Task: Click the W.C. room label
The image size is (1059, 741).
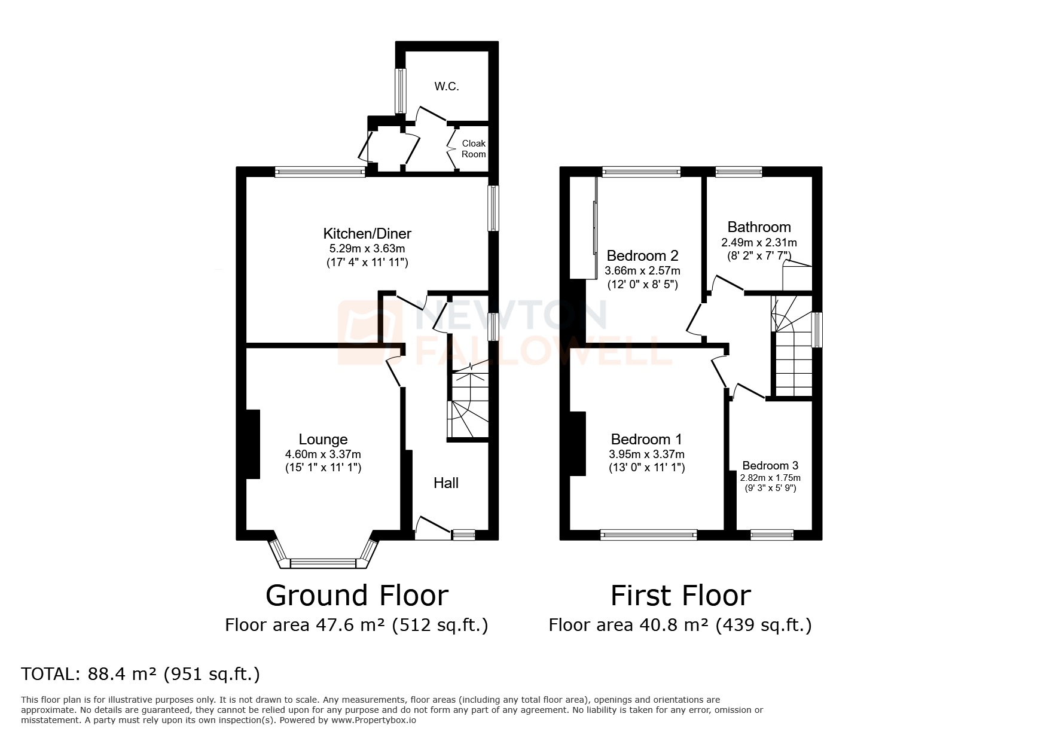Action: (447, 87)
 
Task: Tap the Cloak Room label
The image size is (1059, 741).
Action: (474, 149)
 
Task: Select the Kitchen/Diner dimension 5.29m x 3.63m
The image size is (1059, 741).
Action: (367, 249)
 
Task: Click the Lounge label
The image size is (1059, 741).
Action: (323, 440)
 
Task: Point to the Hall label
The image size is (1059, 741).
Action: (446, 483)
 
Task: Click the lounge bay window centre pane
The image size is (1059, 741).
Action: (323, 563)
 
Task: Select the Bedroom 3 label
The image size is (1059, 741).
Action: (770, 465)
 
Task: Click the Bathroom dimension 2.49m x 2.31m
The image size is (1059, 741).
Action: (759, 243)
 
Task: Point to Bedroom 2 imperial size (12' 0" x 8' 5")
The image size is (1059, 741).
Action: (642, 285)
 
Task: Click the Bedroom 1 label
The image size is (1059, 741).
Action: (646, 440)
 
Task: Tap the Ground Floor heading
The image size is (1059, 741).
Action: (356, 596)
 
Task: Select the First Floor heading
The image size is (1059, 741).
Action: (680, 596)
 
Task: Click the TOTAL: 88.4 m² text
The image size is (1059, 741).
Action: (141, 674)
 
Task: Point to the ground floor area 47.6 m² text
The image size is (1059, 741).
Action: (356, 626)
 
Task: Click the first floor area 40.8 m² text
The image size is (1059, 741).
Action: (680, 626)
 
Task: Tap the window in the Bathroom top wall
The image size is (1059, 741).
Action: (739, 172)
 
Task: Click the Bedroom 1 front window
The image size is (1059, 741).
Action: (649, 535)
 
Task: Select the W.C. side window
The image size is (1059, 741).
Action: (401, 90)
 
